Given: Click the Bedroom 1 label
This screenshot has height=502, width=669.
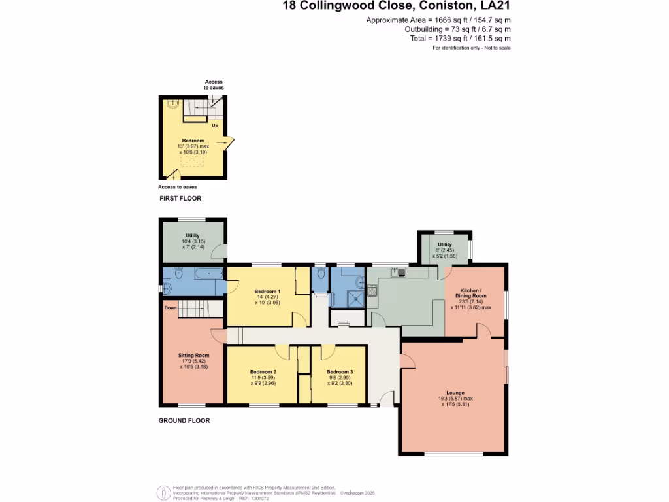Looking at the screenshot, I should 267,291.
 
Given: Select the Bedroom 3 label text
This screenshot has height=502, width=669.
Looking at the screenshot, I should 340,372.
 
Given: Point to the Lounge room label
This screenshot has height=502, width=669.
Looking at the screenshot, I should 455,393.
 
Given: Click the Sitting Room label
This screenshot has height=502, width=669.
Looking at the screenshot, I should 193,355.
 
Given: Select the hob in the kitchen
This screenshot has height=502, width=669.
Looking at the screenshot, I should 372,292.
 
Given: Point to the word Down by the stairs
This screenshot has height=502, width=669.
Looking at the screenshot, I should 171,308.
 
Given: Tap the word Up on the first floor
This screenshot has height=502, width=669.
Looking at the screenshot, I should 215,125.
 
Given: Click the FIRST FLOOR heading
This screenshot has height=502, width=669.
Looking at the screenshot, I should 180,198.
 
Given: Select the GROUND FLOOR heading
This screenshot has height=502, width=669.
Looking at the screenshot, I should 184,421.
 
